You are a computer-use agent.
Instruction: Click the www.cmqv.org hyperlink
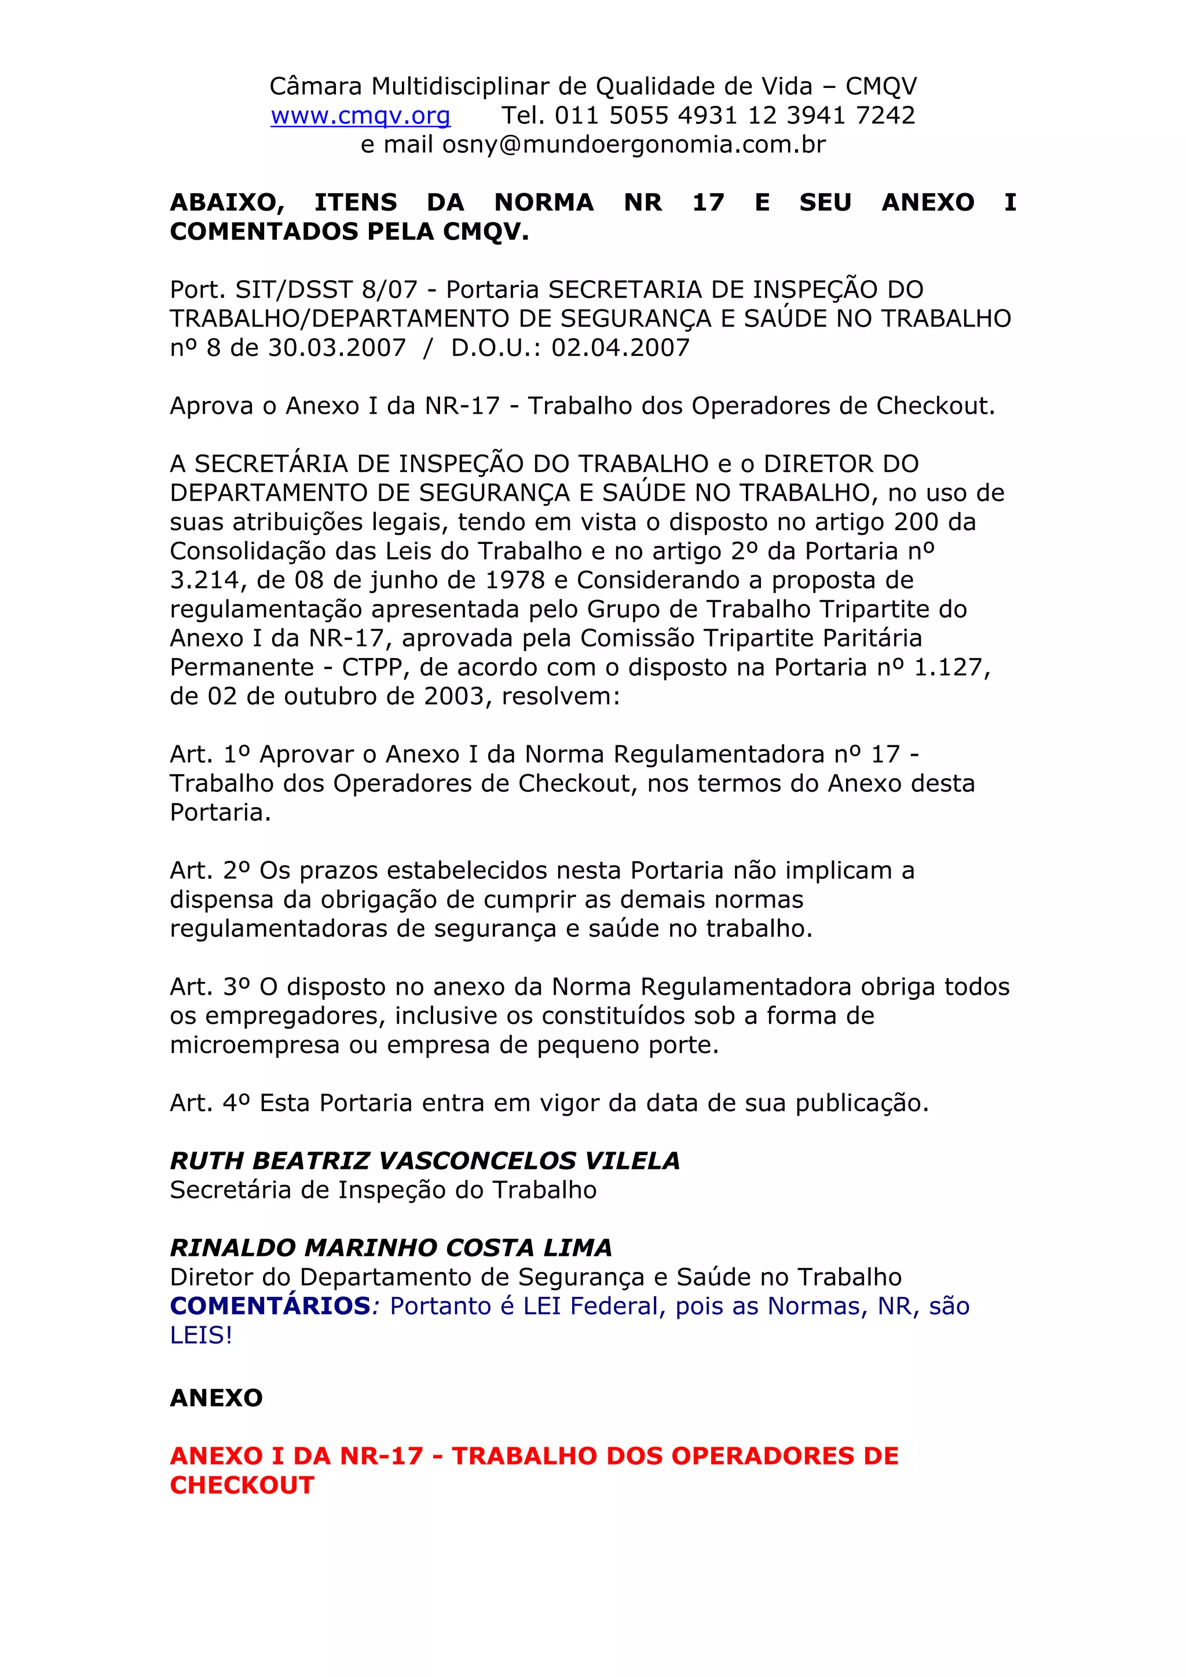pyautogui.click(x=360, y=115)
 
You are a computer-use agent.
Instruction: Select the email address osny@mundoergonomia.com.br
pyautogui.click(x=634, y=145)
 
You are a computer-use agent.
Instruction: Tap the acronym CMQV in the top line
pyautogui.click(x=881, y=86)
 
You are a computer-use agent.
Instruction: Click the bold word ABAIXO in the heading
pyautogui.click(x=227, y=203)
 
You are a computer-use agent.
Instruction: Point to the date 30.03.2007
pyautogui.click(x=337, y=348)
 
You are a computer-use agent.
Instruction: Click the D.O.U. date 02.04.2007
pyautogui.click(x=620, y=348)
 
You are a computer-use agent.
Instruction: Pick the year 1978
pyautogui.click(x=515, y=580)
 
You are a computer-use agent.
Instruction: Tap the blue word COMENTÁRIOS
pyautogui.click(x=270, y=1306)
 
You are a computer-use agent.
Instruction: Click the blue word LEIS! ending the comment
pyautogui.click(x=201, y=1335)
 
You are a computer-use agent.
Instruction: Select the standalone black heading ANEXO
pyautogui.click(x=217, y=1398)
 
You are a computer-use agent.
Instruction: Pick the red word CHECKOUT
pyautogui.click(x=242, y=1485)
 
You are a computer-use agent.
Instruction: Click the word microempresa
pyautogui.click(x=254, y=1045)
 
